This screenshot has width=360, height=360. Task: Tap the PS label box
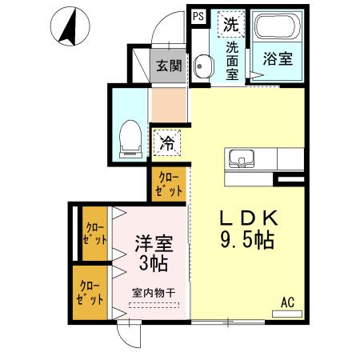point(198,15)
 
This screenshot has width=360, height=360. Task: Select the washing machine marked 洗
point(231,24)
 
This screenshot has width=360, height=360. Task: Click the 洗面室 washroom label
point(232,59)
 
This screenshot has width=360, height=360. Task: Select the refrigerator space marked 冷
point(167,143)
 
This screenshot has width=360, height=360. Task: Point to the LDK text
point(249,218)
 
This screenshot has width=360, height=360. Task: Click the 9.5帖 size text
point(249,238)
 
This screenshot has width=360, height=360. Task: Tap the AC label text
point(286,302)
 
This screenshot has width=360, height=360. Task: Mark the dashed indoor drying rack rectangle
point(154,305)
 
